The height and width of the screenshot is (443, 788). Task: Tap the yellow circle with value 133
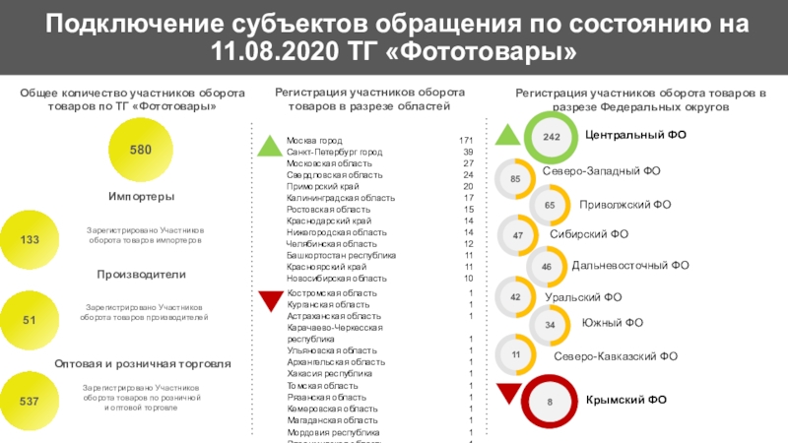pos(30,239)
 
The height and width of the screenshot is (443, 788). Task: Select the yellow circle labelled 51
pos(30,320)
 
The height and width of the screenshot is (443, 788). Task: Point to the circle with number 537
pos(30,401)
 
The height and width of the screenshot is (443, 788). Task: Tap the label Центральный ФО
pos(634,133)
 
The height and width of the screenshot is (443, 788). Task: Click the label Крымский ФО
pos(626,400)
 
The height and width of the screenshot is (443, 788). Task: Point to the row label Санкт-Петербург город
pos(334,154)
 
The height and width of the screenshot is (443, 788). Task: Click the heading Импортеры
pos(142,197)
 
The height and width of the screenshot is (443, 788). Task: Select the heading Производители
pos(142,273)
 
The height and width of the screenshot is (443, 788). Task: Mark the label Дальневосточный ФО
pos(630,265)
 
